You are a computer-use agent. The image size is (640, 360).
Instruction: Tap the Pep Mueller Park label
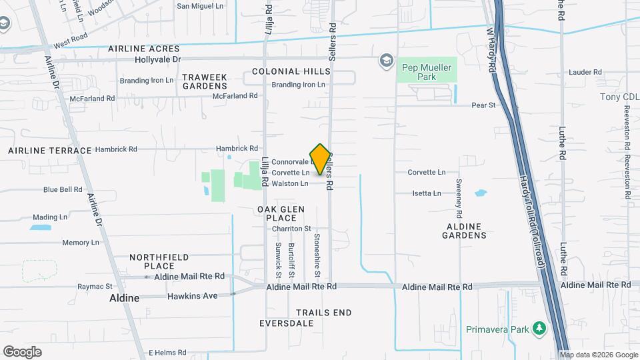coord(427,72)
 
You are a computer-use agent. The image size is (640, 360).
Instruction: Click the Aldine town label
coord(125,298)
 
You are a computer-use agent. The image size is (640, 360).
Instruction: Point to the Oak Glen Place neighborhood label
coord(281,213)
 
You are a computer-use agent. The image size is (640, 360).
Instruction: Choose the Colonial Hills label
coord(291,71)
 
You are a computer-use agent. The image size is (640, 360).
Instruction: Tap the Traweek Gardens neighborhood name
coord(205,81)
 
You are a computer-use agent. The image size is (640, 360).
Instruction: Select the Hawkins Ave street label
coord(193,295)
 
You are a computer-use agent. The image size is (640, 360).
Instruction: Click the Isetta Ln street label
coord(427,193)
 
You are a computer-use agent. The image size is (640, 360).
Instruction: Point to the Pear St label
coord(483,105)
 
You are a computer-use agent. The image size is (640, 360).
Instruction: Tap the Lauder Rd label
coord(585,72)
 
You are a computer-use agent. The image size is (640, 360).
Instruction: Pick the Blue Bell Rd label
coord(63,189)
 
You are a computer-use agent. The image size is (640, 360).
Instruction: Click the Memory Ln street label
coord(80,243)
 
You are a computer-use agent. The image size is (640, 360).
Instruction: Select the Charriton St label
coord(291,229)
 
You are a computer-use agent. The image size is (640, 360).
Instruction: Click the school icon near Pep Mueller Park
coord(385,60)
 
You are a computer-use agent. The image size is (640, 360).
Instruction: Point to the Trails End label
coord(323,312)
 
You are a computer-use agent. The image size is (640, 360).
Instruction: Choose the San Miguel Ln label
coord(200,6)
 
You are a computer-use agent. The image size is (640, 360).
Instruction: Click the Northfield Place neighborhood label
coord(159,261)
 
